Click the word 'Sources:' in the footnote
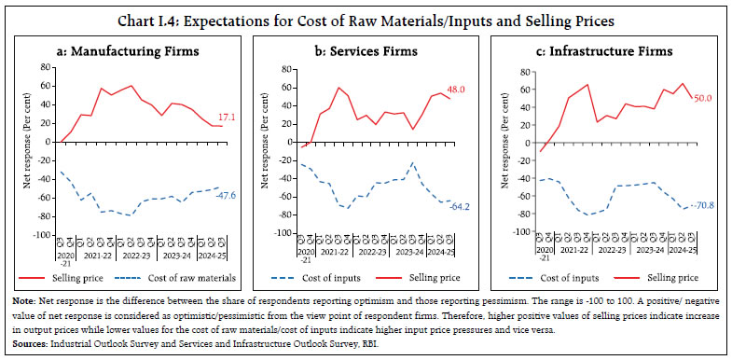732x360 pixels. click(x=32, y=345)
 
